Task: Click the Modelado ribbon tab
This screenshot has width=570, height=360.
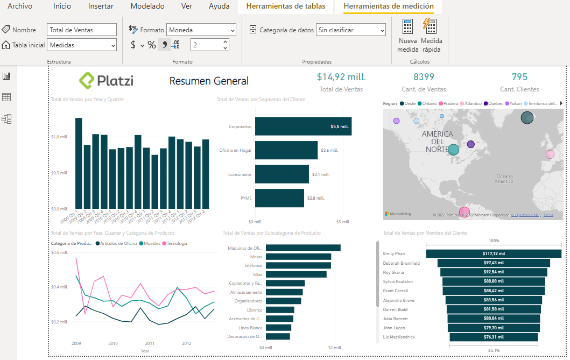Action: (147, 6)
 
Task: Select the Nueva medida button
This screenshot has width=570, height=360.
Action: (407, 36)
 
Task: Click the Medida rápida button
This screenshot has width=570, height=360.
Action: (431, 36)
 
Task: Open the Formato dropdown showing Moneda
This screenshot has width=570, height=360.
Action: (201, 30)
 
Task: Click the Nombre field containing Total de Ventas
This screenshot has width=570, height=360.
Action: (82, 30)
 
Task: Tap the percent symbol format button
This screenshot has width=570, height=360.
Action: (151, 45)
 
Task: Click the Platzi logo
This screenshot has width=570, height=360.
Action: (106, 81)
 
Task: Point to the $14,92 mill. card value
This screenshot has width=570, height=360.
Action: (341, 77)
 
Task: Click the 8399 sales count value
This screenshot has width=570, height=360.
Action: (424, 77)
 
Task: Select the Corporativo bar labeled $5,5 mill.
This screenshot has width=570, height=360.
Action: (303, 126)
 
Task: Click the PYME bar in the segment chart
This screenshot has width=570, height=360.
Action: (279, 198)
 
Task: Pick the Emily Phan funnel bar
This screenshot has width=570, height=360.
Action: (494, 253)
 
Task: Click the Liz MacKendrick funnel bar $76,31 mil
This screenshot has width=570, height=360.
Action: (494, 337)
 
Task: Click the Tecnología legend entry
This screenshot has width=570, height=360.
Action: (177, 244)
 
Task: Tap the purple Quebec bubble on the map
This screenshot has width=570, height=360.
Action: (471, 144)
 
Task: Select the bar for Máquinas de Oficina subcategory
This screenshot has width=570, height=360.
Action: (303, 248)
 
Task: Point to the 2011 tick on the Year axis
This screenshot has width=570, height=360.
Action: (150, 343)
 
